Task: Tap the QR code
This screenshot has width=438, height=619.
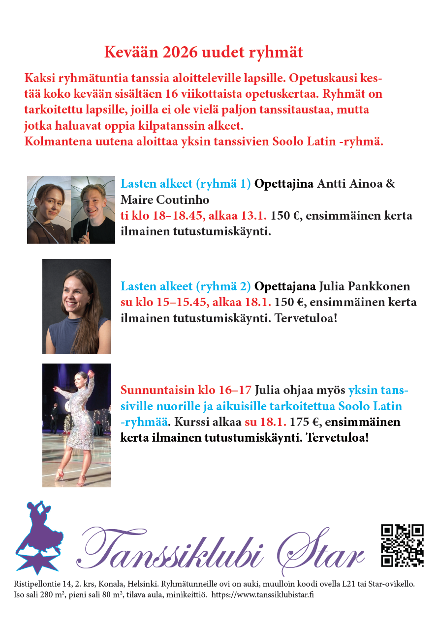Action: [x=402, y=545]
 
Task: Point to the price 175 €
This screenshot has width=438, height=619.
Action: [x=305, y=422]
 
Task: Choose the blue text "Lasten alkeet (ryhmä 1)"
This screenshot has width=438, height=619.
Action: [x=186, y=184]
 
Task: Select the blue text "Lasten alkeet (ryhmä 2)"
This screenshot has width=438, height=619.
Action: [x=186, y=286]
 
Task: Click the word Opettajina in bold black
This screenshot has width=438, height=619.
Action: [x=284, y=184]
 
